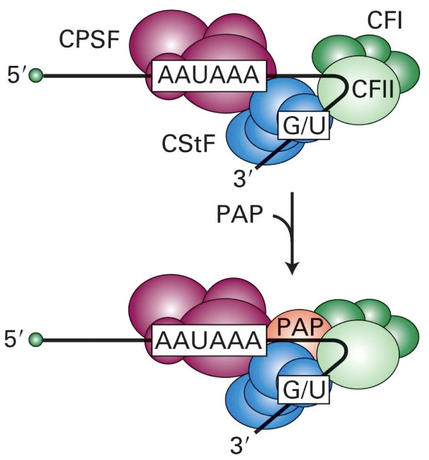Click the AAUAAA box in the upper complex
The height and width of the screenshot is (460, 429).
(208, 76)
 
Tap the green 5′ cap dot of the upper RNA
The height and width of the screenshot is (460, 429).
(36, 76)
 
